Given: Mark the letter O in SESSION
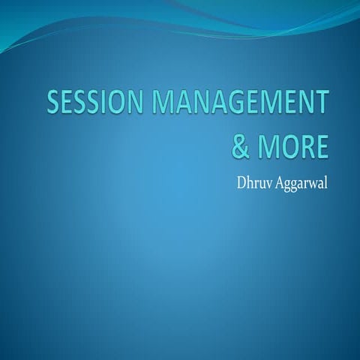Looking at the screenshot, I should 115,103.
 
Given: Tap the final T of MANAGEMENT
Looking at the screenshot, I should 321,103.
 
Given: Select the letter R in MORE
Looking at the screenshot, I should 306,146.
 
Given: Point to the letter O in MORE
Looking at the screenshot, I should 288,146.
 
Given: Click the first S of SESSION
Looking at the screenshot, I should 53,103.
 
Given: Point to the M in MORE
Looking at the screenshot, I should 268,146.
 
